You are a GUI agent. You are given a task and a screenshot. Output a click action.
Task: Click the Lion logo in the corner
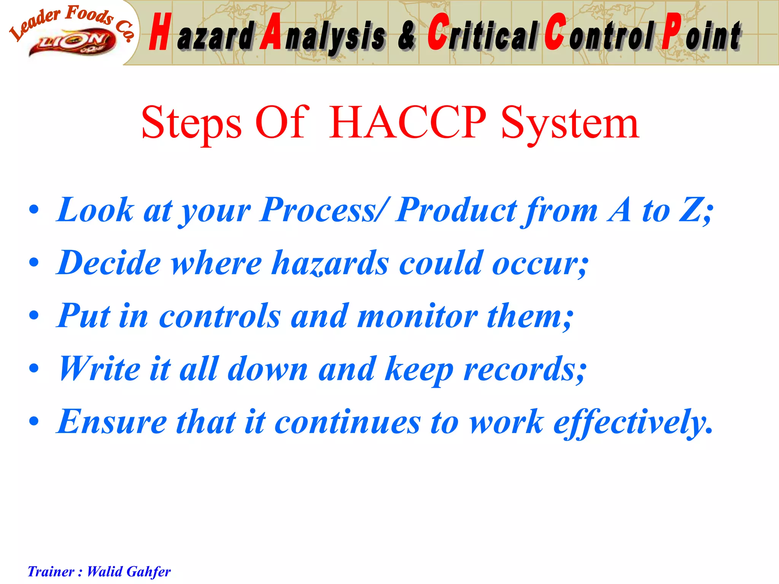[x=72, y=43]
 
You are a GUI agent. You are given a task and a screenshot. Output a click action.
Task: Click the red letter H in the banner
[x=159, y=32]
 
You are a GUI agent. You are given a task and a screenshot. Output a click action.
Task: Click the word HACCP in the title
[x=407, y=122]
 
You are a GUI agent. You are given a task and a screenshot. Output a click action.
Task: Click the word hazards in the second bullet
[x=330, y=263]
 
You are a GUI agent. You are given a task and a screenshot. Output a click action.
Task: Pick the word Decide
[x=109, y=263]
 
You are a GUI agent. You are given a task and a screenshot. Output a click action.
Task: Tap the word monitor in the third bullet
[x=418, y=316]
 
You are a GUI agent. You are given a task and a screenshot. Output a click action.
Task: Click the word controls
[x=220, y=316]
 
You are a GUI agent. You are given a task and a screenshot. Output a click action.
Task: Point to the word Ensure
[x=112, y=422]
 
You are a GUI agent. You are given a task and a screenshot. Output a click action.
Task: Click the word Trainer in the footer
[x=51, y=571]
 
